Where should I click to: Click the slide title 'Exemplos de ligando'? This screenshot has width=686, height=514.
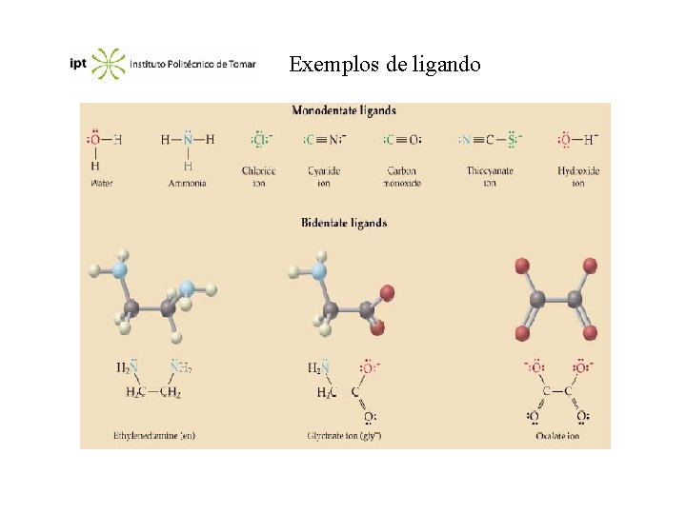pyautogui.click(x=385, y=65)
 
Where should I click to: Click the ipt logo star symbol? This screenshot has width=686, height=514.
pyautogui.click(x=109, y=64)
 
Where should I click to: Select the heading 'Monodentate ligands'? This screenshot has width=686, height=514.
pyautogui.click(x=344, y=111)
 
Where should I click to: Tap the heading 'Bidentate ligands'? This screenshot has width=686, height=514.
pyautogui.click(x=344, y=223)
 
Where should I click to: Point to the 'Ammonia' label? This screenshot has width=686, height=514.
pyautogui.click(x=187, y=183)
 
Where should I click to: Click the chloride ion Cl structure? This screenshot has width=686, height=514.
pyautogui.click(x=259, y=140)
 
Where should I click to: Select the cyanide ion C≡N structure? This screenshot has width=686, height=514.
pyautogui.click(x=325, y=140)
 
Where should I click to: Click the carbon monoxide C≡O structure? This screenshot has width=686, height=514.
pyautogui.click(x=401, y=140)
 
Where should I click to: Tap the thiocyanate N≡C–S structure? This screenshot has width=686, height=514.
pyautogui.click(x=490, y=140)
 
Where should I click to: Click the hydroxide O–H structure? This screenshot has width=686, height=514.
pyautogui.click(x=577, y=140)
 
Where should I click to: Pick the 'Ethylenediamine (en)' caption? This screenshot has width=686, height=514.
pyautogui.click(x=154, y=436)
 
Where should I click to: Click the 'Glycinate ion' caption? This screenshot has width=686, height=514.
pyautogui.click(x=344, y=436)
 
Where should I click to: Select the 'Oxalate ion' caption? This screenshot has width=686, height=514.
pyautogui.click(x=557, y=436)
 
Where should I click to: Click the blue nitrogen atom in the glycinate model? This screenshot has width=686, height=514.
pyautogui.click(x=318, y=271)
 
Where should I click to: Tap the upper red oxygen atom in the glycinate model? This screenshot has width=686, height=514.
pyautogui.click(x=386, y=292)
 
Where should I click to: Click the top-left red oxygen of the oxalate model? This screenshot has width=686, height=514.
pyautogui.click(x=521, y=264)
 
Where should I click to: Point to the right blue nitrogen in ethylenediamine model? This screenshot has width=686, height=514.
pyautogui.click(x=187, y=287)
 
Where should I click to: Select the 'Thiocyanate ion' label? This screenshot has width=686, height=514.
pyautogui.click(x=490, y=176)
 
